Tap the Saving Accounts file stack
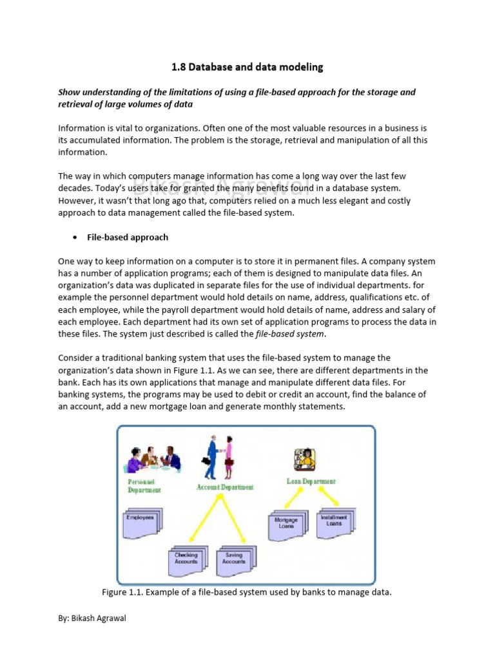pos(235,558)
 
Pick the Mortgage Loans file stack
pos(287,522)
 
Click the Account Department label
pos(225,487)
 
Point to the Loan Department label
pos(311,481)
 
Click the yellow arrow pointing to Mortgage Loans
pos(294,497)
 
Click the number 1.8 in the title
pos(178,67)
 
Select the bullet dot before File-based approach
pos(73,237)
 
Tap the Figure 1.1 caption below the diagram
pos(247,592)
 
